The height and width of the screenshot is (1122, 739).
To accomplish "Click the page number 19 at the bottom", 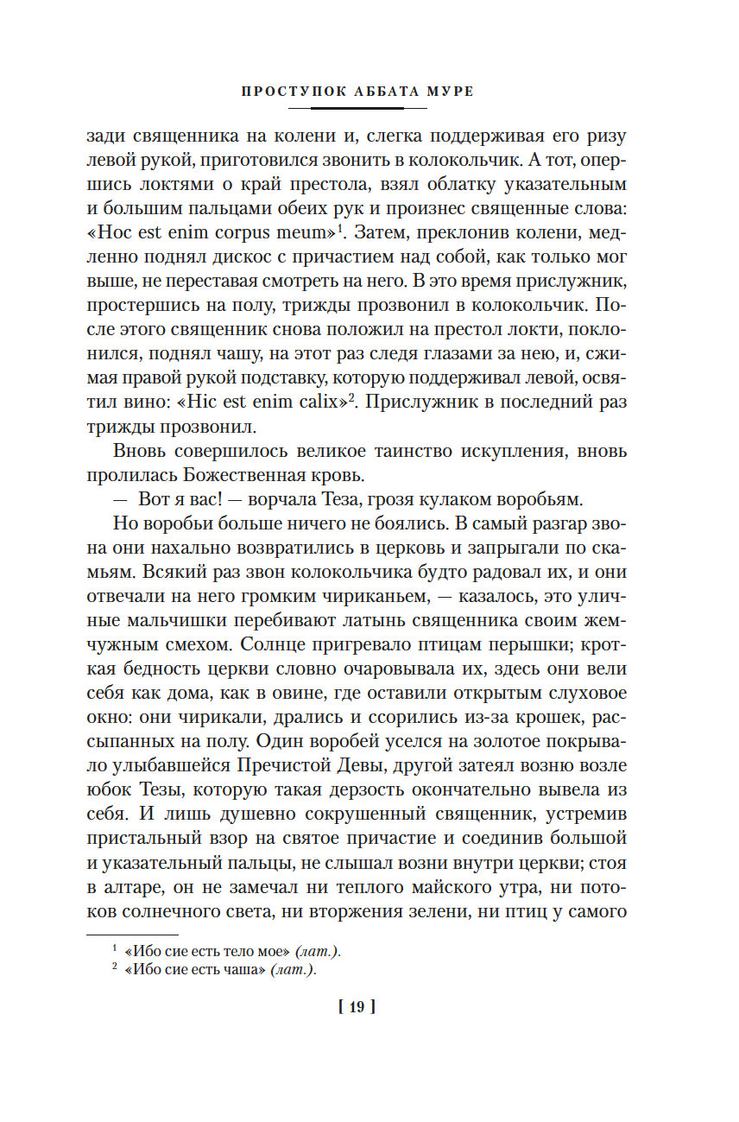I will point(358,1006).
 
